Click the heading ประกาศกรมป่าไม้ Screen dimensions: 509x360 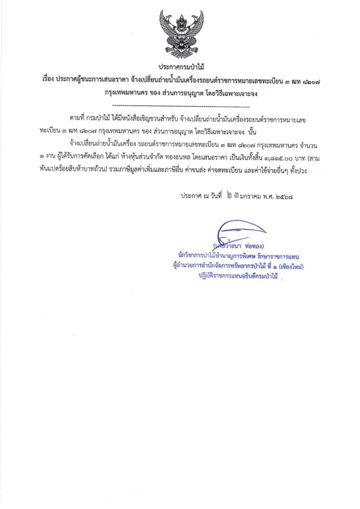pyautogui.click(x=181, y=66)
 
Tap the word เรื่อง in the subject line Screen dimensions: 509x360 pyautogui.click(x=49, y=80)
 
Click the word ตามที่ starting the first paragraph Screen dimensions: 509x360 pyautogui.click(x=78, y=118)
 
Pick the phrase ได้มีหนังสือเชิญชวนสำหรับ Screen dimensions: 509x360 pyautogui.click(x=144, y=118)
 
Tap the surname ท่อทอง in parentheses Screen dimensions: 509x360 pyautogui.click(x=255, y=247)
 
